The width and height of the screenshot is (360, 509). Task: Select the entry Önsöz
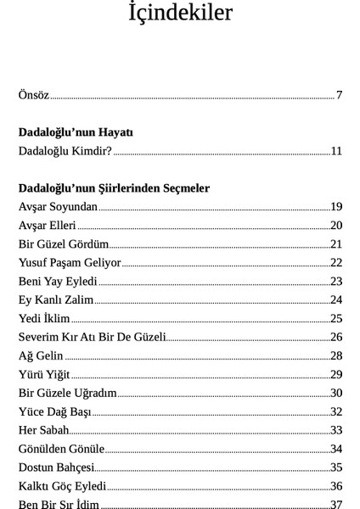pos(33,94)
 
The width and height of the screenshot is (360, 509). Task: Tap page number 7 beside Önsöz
pos(339,94)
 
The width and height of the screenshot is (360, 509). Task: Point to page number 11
pos(336,151)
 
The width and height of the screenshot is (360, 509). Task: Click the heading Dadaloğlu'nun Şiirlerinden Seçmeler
pos(114,187)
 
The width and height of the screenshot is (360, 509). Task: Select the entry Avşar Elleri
pos(47,225)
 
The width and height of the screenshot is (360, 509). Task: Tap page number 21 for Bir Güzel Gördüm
pos(336,243)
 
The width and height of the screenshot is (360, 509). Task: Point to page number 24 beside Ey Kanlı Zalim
pos(336,299)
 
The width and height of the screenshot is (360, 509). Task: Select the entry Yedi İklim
pos(43,318)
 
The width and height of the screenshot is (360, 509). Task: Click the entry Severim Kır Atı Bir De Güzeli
pos(92,337)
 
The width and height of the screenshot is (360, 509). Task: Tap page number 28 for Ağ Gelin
pos(336,355)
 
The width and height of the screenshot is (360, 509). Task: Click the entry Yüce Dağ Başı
pos(54,411)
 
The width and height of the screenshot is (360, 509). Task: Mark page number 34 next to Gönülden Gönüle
pos(336,449)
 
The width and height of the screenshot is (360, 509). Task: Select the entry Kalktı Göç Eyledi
pos(62,486)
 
